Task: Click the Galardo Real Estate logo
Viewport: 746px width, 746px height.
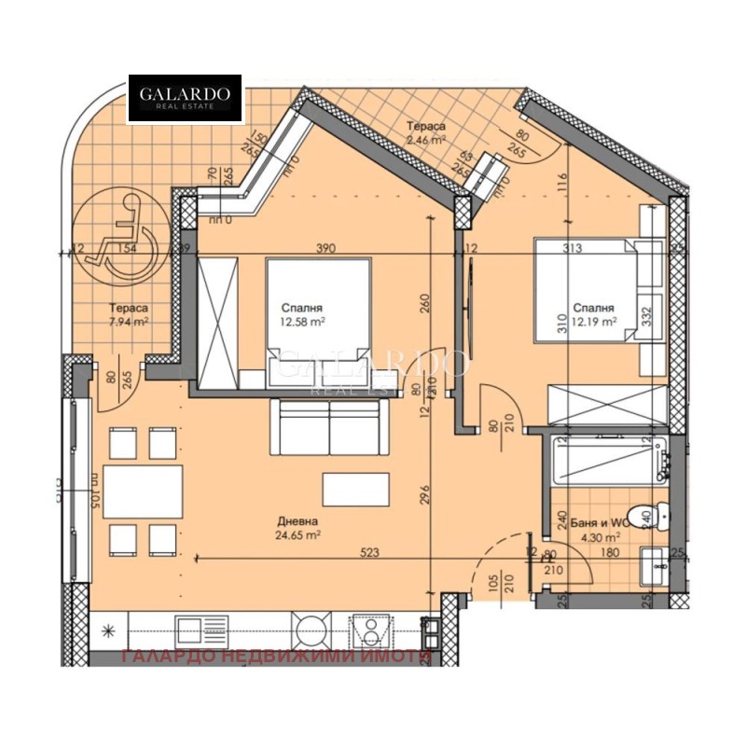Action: [x=185, y=99]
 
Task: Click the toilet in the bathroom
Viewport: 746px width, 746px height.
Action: [x=647, y=513]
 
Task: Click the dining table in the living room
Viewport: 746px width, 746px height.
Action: [x=143, y=490]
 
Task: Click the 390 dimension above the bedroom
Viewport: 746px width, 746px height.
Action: [x=325, y=249]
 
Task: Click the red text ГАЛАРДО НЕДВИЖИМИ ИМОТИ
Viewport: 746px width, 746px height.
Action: [x=277, y=656]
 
